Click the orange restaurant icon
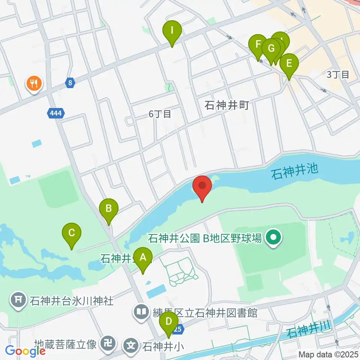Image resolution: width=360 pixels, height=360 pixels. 34,83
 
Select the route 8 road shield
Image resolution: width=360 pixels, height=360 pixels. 70,83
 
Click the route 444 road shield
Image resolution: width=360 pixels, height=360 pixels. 56,112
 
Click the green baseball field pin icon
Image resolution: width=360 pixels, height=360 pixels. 274,237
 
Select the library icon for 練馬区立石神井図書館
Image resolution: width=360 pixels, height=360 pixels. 141,312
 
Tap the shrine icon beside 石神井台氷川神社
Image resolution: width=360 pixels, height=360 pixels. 18,300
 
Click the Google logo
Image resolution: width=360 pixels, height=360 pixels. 25,351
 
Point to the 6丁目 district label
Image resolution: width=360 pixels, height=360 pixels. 160,114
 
